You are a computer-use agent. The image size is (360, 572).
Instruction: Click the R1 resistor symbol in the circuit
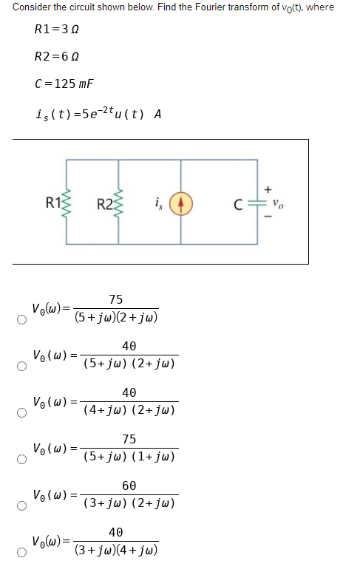(x=69, y=201)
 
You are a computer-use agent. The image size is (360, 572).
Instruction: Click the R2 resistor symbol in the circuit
(x=119, y=201)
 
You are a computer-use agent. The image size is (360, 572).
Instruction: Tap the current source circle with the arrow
(x=182, y=201)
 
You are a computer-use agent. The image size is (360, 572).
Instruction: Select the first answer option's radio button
(x=22, y=319)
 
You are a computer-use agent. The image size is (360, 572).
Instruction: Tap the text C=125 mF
(x=65, y=84)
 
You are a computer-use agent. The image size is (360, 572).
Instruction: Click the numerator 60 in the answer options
(x=129, y=486)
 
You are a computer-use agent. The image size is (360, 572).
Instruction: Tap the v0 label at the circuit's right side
(x=276, y=201)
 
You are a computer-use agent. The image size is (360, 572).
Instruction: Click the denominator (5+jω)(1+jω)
(x=129, y=457)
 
